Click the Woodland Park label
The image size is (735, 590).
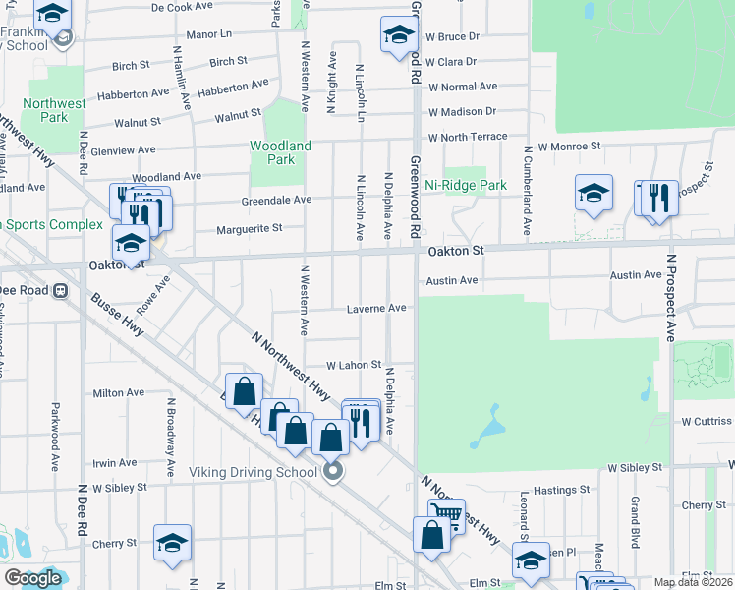(x=280, y=152)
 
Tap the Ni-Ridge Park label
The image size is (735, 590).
(x=465, y=185)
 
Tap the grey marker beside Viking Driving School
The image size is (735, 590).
(x=333, y=473)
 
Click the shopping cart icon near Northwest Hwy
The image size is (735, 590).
(x=446, y=512)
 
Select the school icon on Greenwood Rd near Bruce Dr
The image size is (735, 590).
(x=399, y=34)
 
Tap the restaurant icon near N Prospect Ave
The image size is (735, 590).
(x=657, y=198)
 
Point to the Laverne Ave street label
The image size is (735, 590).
(x=376, y=308)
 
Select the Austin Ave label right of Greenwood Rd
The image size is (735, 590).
(x=452, y=281)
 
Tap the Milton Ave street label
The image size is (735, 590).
(x=118, y=393)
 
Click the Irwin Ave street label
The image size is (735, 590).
(x=115, y=462)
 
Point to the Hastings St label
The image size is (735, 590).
(x=562, y=489)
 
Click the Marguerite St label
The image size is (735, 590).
(x=249, y=228)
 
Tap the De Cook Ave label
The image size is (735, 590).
(x=184, y=7)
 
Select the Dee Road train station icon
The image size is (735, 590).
(x=61, y=290)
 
